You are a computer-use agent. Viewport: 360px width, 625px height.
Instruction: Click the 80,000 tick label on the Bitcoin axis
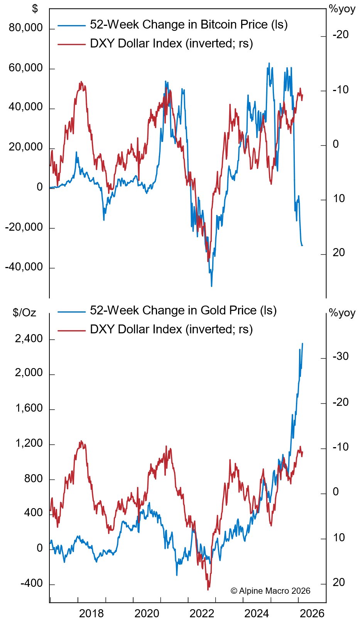tap(26, 28)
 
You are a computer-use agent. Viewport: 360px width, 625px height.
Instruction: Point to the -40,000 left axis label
tap(24, 267)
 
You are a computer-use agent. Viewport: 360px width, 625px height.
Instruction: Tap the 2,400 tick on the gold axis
tap(29, 339)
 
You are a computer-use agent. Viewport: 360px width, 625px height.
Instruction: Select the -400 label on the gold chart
tap(32, 583)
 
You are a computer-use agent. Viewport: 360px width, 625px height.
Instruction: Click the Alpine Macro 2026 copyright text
tap(270, 591)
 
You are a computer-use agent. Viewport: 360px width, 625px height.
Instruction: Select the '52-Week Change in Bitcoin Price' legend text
tap(188, 25)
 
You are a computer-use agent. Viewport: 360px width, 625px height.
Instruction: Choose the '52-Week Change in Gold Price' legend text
tap(183, 311)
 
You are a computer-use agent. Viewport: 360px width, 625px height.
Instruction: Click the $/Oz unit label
tap(24, 312)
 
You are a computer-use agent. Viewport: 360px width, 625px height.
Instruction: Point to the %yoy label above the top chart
tap(342, 9)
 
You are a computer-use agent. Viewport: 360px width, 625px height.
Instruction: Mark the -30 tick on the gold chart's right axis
tap(340, 356)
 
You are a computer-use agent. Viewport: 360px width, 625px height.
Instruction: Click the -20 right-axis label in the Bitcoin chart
tap(340, 35)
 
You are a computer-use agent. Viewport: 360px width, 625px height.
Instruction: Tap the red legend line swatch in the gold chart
tap(71, 330)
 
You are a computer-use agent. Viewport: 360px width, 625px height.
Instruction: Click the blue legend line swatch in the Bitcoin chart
tap(71, 25)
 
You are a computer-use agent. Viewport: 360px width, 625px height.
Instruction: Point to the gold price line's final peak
tap(302, 344)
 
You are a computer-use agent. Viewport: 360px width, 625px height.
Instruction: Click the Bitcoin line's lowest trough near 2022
tap(211, 286)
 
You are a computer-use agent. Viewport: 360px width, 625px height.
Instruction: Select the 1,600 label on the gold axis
tap(29, 409)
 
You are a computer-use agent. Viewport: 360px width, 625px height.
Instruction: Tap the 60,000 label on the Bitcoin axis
tap(26, 68)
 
